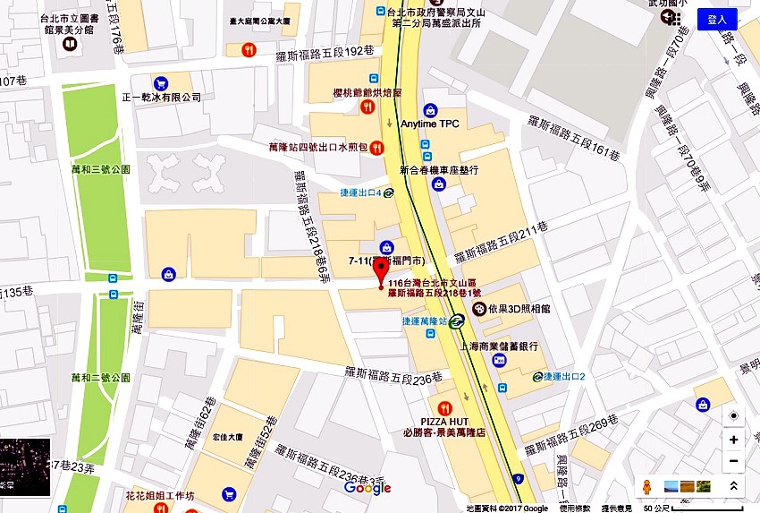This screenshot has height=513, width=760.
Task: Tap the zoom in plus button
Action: [x=733, y=440]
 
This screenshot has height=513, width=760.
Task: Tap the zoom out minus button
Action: [x=733, y=461]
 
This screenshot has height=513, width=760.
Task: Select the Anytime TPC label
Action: [x=430, y=124]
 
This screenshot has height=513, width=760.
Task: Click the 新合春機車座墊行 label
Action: [x=439, y=168]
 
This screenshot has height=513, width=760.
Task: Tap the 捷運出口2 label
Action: [x=564, y=376]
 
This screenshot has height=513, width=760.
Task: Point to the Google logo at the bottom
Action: [x=367, y=488]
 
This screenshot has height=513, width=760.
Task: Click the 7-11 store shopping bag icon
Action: [x=386, y=247]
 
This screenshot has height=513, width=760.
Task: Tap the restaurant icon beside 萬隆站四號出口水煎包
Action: [x=378, y=147]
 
